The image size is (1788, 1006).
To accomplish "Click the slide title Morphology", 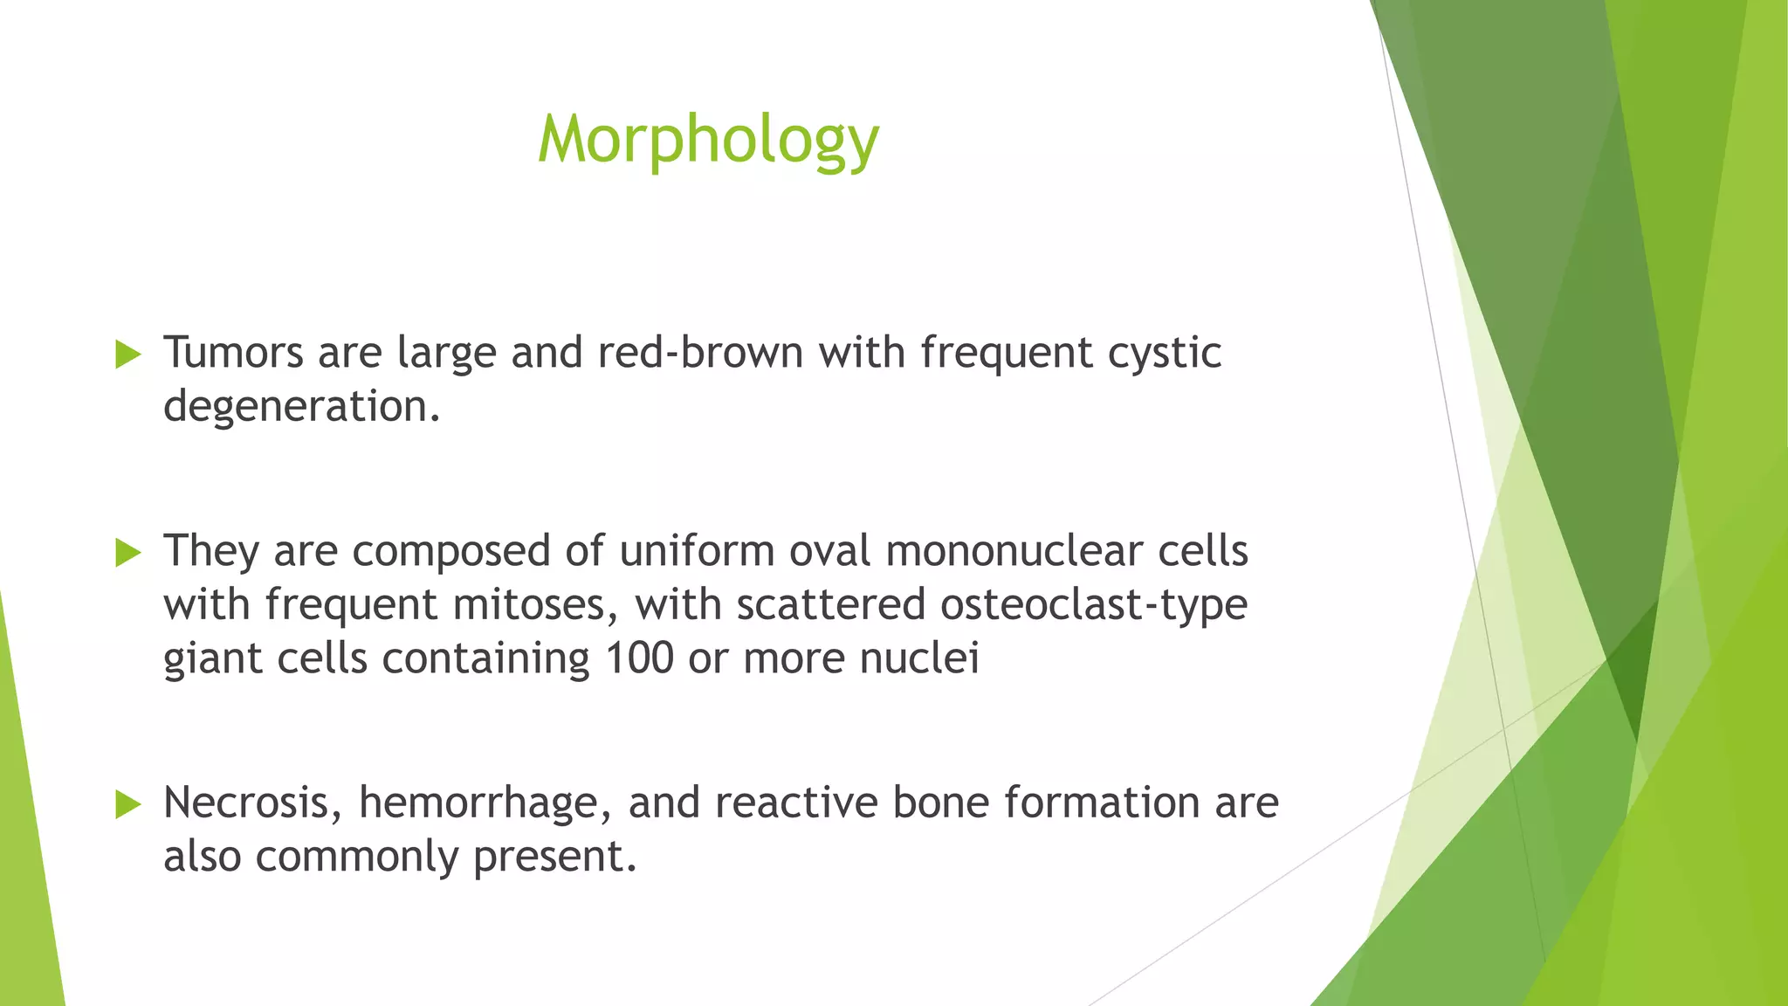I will click(x=708, y=140).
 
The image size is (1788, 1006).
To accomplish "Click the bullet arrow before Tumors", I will click(x=128, y=355).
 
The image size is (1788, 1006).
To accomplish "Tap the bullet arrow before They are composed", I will click(x=128, y=553).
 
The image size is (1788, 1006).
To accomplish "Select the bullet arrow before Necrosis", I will click(x=128, y=804).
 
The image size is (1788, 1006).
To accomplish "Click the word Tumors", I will click(x=233, y=353).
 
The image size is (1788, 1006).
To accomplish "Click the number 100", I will click(x=639, y=658).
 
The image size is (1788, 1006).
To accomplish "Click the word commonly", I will click(x=357, y=857).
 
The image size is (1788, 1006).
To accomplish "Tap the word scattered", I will click(x=830, y=605).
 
